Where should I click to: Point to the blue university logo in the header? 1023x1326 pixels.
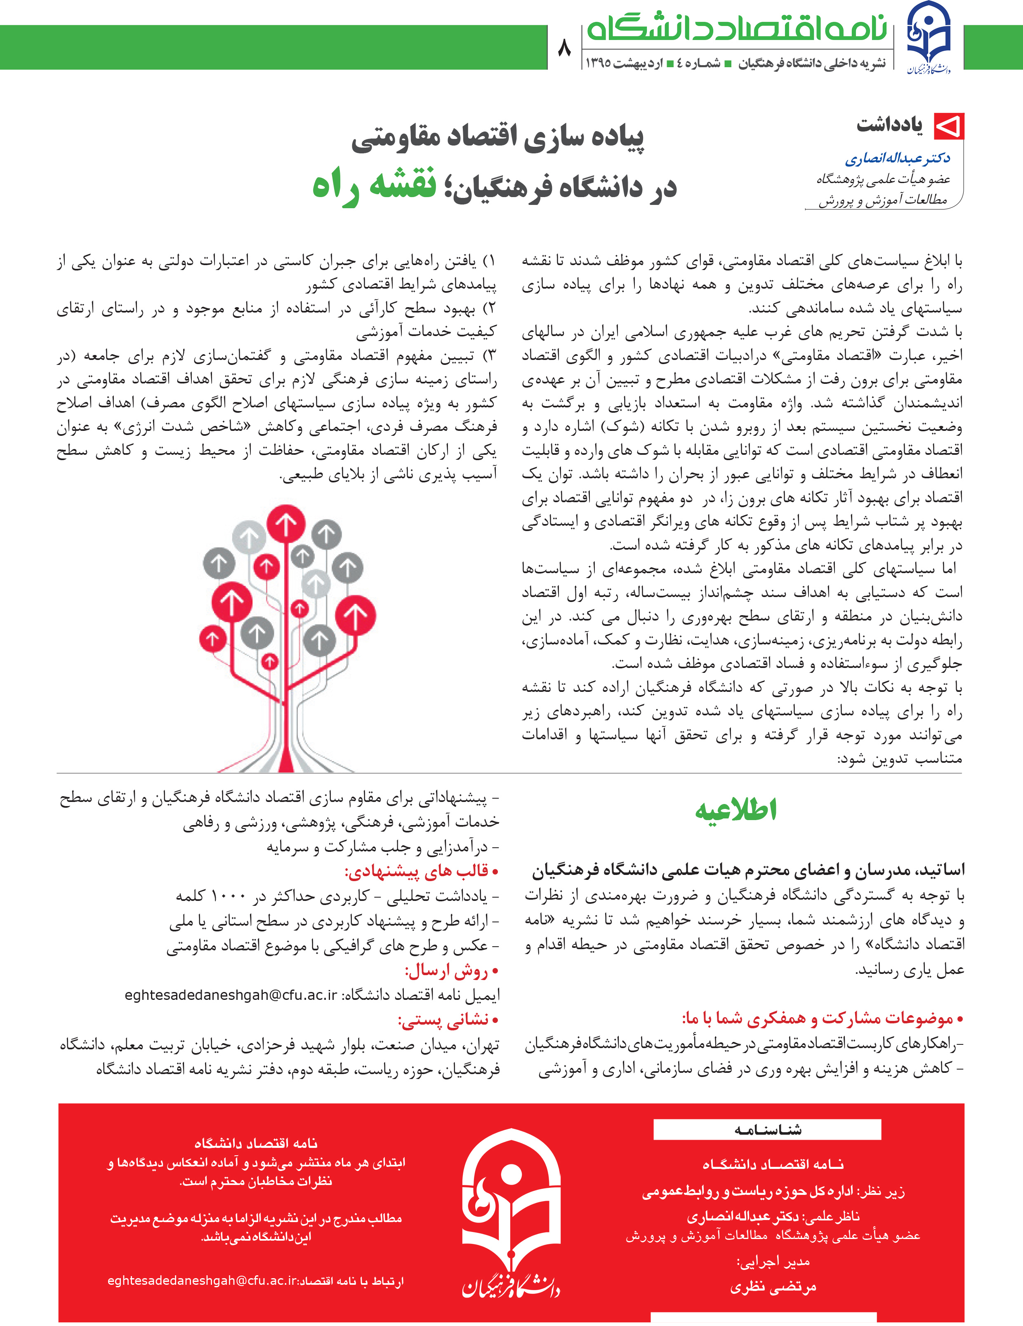[x=928, y=38]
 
